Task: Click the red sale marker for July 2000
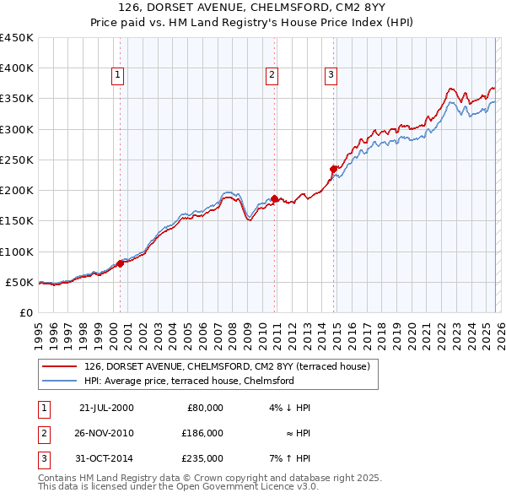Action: click(120, 263)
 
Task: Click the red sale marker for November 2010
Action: click(274, 198)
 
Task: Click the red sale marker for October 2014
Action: click(333, 169)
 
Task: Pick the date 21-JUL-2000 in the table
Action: click(105, 408)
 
